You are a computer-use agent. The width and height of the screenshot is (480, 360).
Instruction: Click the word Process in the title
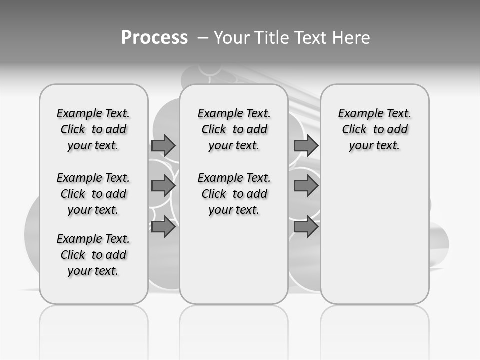[x=154, y=37]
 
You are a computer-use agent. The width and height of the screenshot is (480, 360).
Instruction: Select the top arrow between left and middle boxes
[x=163, y=145]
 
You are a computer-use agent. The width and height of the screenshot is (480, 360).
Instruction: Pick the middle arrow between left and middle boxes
[x=163, y=186]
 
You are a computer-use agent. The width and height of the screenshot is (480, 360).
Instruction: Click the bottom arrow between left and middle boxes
[x=163, y=227]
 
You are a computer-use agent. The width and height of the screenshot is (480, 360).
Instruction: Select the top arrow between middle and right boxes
[x=306, y=145]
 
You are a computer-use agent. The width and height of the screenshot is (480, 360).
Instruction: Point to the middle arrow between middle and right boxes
[x=306, y=186]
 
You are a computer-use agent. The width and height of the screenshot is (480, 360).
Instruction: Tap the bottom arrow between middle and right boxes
[x=306, y=227]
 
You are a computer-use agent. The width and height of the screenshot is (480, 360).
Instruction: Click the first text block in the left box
[x=93, y=129]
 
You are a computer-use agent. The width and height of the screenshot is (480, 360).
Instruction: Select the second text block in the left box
[x=93, y=194]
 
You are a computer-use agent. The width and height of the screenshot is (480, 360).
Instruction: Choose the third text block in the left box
[x=93, y=255]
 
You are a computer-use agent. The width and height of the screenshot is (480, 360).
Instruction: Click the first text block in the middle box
[x=234, y=129]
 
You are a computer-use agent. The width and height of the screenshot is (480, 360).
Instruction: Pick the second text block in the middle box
[x=234, y=194]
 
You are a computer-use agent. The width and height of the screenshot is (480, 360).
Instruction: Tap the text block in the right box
[x=375, y=129]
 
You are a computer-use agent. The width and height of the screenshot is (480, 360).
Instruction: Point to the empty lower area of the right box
[x=375, y=230]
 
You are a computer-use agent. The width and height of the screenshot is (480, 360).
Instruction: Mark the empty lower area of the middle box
[x=234, y=260]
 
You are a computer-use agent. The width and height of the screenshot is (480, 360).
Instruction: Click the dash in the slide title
[x=203, y=37]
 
